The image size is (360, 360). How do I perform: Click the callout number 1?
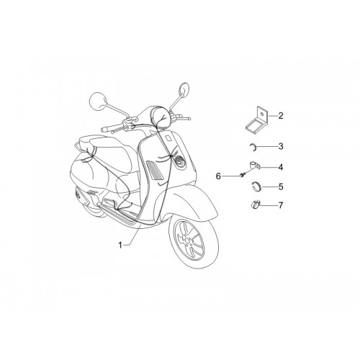pos(121,245)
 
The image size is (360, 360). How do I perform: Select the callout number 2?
pos(281,116)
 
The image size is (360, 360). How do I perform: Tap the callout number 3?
pos(281,146)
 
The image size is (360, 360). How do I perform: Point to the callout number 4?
pos(281,167)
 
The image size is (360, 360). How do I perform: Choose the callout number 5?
pos(281,186)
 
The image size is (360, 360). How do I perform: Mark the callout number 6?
pos(218,176)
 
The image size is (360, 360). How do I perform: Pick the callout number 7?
pos(281,205)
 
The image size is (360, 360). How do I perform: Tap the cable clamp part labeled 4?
pos(255,166)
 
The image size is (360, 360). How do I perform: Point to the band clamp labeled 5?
pos(256,186)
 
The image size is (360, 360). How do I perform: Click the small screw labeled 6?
pos(242,175)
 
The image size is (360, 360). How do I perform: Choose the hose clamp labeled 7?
pos(255,205)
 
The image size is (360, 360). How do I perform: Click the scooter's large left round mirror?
pos(98,101)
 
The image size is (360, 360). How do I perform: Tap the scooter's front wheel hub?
pos(187,240)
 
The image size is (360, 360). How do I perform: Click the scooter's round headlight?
pos(161,117)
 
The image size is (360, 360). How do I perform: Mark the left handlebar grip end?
pos(103,130)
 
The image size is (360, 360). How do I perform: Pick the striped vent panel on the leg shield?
pos(155,170)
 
